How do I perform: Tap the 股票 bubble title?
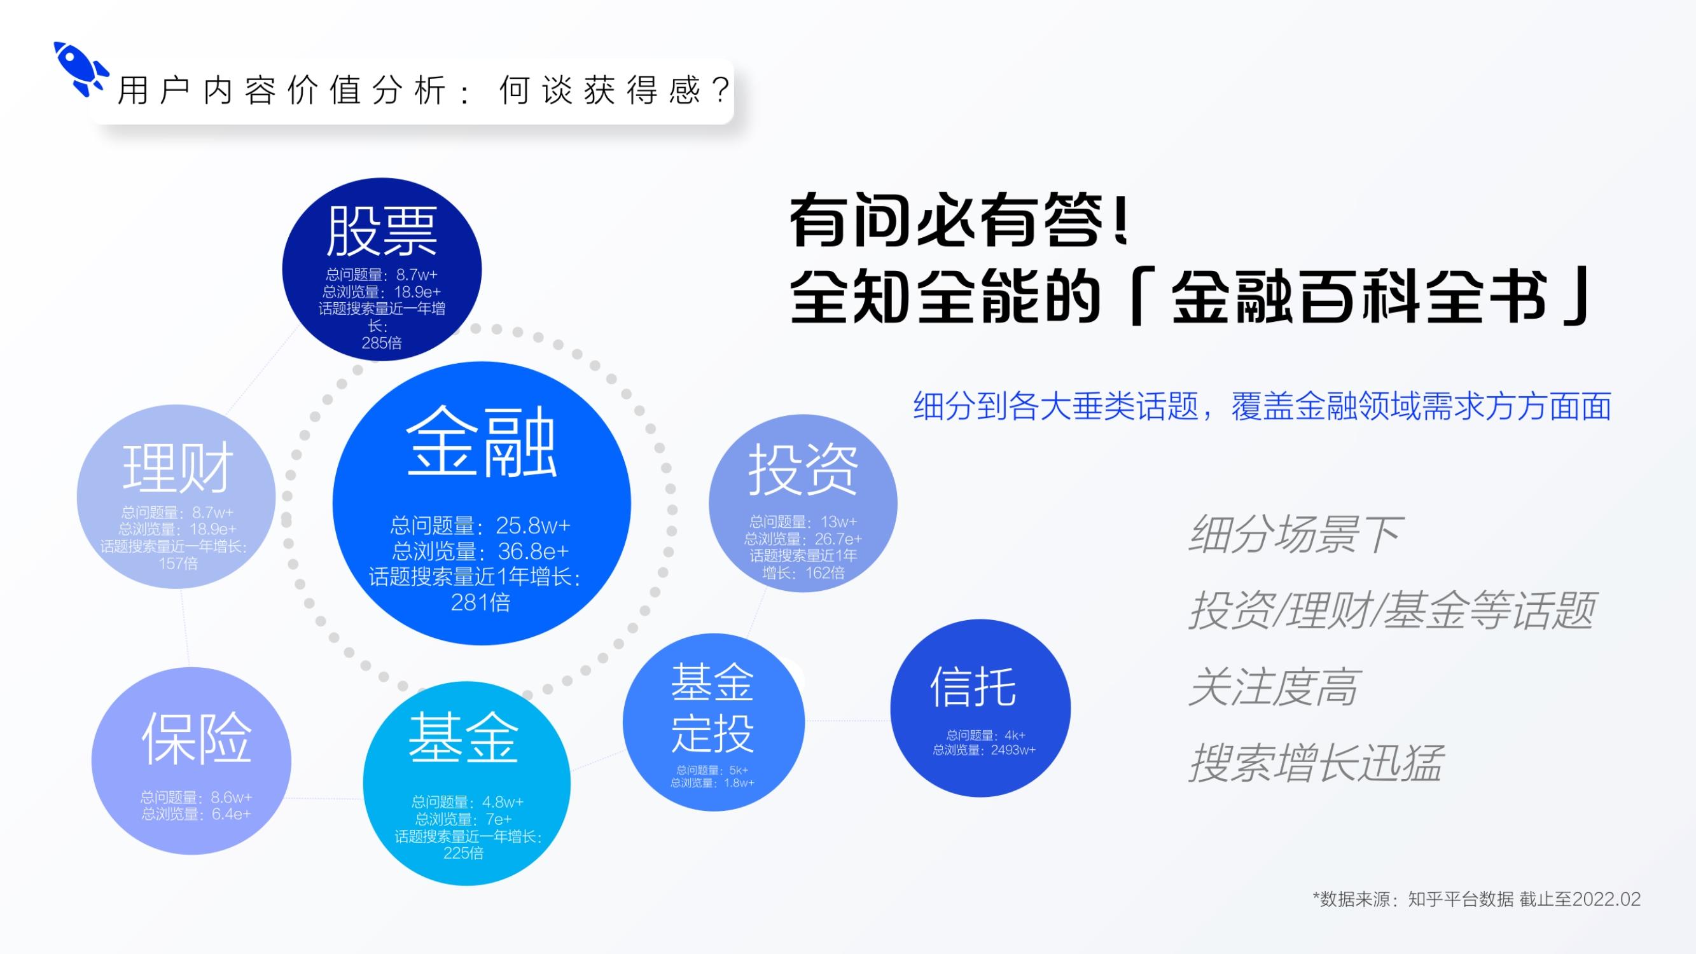coord(382,230)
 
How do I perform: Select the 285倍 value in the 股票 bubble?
coord(381,342)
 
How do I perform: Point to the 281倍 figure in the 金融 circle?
coord(481,602)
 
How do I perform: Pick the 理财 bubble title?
coord(177,467)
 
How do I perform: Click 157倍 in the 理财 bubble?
coord(177,563)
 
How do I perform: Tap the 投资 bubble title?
coord(803,469)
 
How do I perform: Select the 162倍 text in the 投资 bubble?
coord(824,573)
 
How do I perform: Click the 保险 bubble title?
coord(197,738)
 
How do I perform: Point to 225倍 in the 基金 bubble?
coord(464,854)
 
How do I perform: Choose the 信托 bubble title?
coord(973,686)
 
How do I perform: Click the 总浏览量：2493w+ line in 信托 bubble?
coord(984,750)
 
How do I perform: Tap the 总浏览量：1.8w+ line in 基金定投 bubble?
coord(712,783)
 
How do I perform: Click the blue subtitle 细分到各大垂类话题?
coord(1056,406)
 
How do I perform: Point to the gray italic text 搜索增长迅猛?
coord(1316,763)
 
